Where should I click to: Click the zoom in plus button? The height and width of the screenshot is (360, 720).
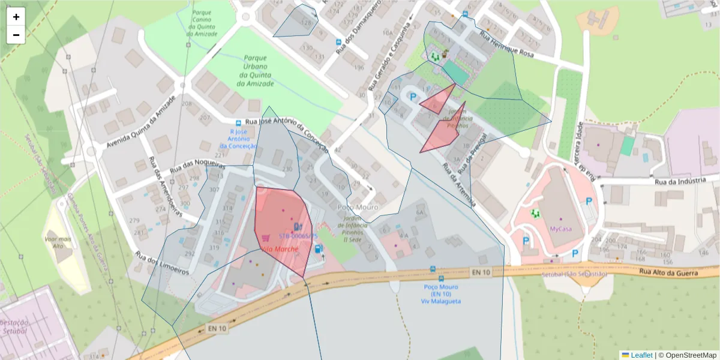[16, 17]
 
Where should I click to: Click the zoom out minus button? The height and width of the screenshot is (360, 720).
[16, 35]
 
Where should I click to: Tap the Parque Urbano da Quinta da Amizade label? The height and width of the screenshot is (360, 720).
[255, 71]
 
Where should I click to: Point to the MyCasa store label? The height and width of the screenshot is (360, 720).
[561, 229]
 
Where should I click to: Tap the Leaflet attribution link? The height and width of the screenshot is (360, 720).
[641, 355]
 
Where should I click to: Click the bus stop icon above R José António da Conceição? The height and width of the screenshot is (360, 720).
[239, 122]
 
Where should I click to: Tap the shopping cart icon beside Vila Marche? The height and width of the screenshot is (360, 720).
[265, 238]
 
